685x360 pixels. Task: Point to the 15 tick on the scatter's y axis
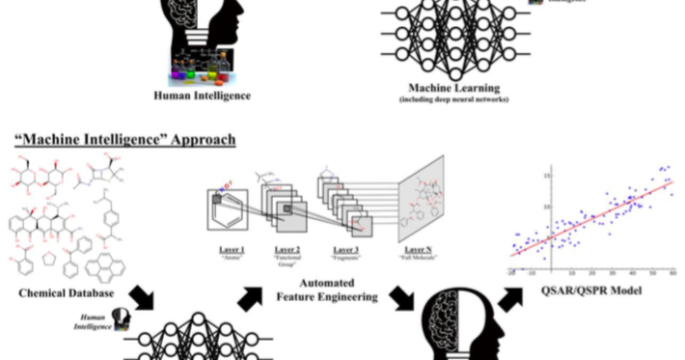pyautogui.click(x=546, y=177)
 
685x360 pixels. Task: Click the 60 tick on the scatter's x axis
pyautogui.click(x=670, y=276)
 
